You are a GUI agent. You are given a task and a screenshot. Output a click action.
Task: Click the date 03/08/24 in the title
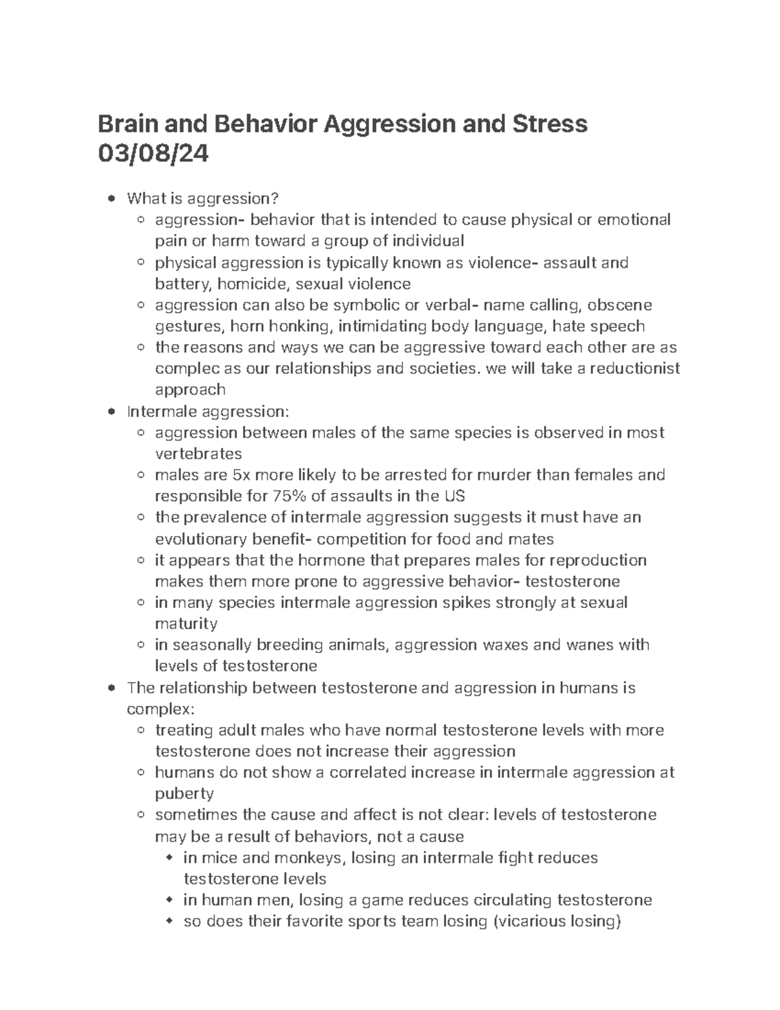(x=153, y=155)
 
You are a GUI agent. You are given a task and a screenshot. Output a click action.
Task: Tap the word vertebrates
(x=198, y=454)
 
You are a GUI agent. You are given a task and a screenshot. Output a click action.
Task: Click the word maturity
(x=186, y=624)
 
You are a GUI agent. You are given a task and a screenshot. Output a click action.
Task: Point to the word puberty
(x=184, y=793)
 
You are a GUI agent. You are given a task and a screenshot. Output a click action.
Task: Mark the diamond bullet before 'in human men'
(x=170, y=900)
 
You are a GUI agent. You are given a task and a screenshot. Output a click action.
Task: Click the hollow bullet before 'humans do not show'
(x=141, y=773)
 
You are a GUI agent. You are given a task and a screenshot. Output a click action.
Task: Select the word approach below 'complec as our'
(x=190, y=390)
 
